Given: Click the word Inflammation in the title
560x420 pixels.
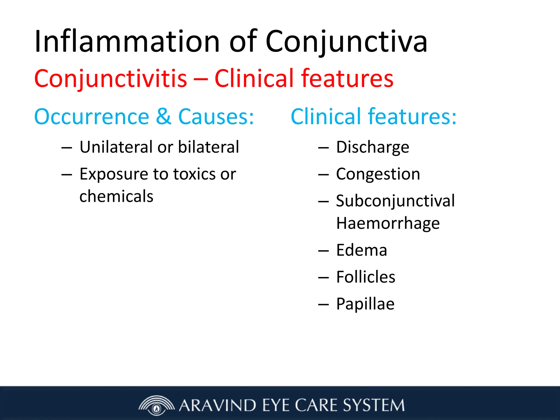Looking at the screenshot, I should (x=127, y=42).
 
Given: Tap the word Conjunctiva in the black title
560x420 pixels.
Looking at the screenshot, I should (x=346, y=42).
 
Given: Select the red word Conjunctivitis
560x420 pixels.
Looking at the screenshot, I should (x=111, y=79).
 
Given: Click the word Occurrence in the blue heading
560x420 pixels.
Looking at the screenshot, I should (x=92, y=117).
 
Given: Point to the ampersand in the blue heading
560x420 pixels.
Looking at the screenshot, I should (x=164, y=117).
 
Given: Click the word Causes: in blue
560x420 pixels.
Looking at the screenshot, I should (x=216, y=117).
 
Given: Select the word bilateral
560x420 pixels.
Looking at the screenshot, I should (x=209, y=147).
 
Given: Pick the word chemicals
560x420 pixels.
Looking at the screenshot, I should (x=116, y=196).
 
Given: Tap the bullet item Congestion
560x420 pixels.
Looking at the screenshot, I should (x=378, y=174).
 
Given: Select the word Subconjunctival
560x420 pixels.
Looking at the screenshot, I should (x=395, y=201).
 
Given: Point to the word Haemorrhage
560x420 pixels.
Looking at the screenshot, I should (x=388, y=223).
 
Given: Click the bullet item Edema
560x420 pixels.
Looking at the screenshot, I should (x=361, y=250).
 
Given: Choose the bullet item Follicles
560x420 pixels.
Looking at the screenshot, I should (x=366, y=277).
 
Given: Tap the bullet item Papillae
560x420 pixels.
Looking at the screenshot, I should (x=365, y=304).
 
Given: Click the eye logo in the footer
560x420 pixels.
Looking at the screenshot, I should (x=156, y=405).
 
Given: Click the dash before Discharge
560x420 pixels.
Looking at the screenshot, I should (x=323, y=148).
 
